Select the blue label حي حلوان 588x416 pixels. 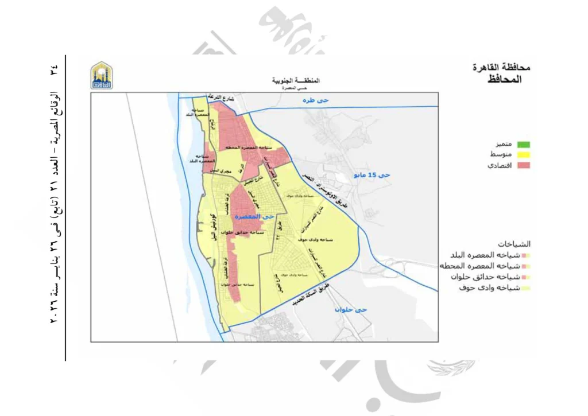click(x=352, y=310)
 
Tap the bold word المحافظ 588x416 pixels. click(x=505, y=79)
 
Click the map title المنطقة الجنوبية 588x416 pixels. click(x=295, y=80)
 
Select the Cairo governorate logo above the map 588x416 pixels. click(x=102, y=75)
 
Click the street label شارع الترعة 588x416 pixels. click(x=219, y=96)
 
